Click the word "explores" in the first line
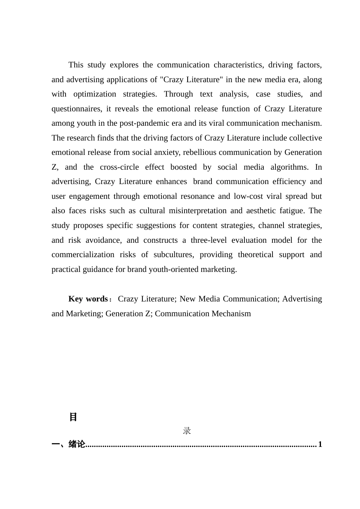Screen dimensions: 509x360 (x=124, y=65)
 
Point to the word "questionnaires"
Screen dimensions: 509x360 (x=77, y=109)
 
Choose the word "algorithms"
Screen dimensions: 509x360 (x=288, y=167)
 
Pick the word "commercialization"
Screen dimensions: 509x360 (x=83, y=254)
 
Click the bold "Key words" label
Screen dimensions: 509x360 (x=88, y=299)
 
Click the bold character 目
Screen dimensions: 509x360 (x=73, y=417)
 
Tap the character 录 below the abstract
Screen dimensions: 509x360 (x=187, y=431)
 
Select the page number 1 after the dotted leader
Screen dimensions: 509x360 (x=320, y=444)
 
